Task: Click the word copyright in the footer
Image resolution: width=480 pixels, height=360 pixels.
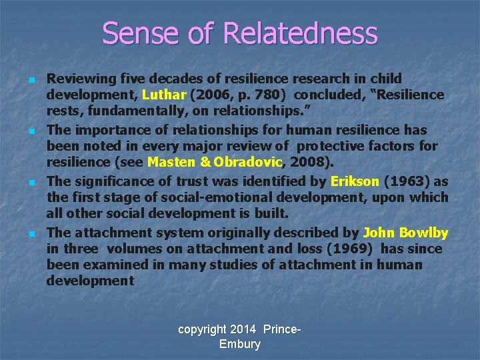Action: click(x=203, y=329)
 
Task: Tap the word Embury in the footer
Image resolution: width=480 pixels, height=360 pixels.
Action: click(x=239, y=344)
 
